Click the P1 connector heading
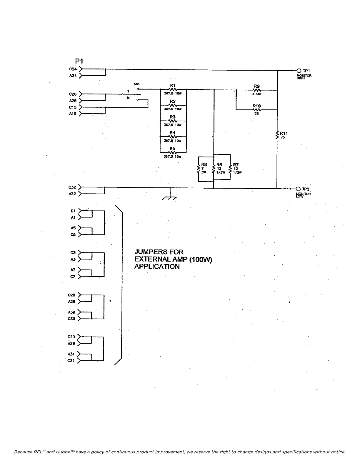click(x=79, y=61)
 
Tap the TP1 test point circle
click(x=299, y=71)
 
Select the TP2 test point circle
click(x=298, y=189)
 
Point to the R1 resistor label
click(x=173, y=85)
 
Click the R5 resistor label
click(x=173, y=149)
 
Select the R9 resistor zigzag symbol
click(x=257, y=90)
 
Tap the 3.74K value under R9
click(x=257, y=94)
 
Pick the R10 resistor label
click(x=257, y=106)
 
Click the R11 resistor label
click(x=284, y=133)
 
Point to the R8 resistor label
click(x=204, y=165)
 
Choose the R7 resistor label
click(x=236, y=165)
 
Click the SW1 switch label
click(x=137, y=84)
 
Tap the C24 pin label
click(x=73, y=69)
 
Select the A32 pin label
click(x=72, y=194)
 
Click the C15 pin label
click(x=73, y=107)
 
